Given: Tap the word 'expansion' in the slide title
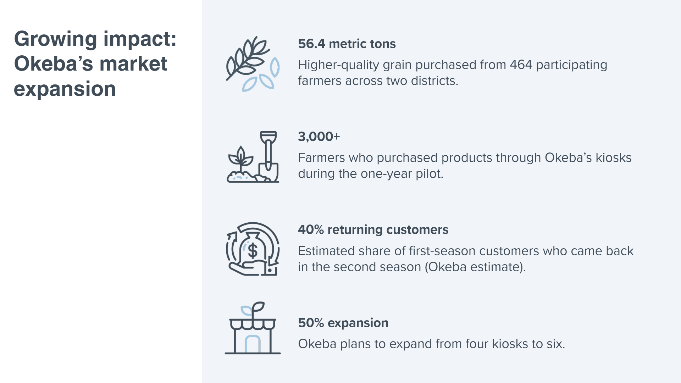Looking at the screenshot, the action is tap(65, 89).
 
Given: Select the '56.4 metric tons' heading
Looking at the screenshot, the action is tap(347, 44).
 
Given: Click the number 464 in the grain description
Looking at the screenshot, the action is tap(521, 65).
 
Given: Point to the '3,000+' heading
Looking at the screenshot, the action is tap(319, 137).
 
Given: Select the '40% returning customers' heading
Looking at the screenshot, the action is tap(373, 229).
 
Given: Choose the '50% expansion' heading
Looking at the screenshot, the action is tap(343, 323).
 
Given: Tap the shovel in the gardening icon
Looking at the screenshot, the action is tap(268, 156).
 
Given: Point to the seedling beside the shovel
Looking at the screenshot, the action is tap(241, 159).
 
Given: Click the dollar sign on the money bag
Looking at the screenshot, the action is tap(253, 251).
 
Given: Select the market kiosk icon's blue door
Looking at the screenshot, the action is tap(253, 344).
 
